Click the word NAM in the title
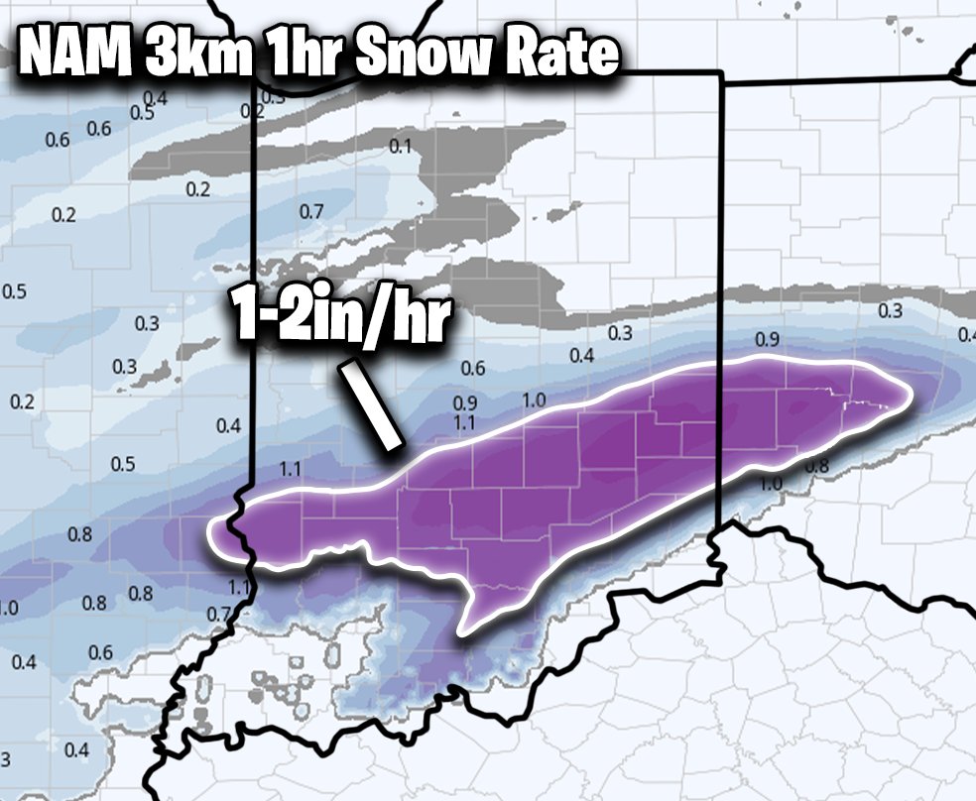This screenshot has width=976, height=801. [74, 57]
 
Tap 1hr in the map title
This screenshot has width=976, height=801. [291, 57]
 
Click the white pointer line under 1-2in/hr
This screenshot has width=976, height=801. [371, 405]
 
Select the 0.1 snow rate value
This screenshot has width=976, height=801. [400, 147]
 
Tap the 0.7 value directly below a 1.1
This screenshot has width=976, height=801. [219, 614]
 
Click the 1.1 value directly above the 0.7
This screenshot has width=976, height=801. [238, 588]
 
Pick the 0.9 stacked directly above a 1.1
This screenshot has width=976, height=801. [464, 403]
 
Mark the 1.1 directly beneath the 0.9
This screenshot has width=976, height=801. [464, 422]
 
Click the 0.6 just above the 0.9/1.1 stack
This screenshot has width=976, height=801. [473, 369]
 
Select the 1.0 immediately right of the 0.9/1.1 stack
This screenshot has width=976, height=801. [534, 400]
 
